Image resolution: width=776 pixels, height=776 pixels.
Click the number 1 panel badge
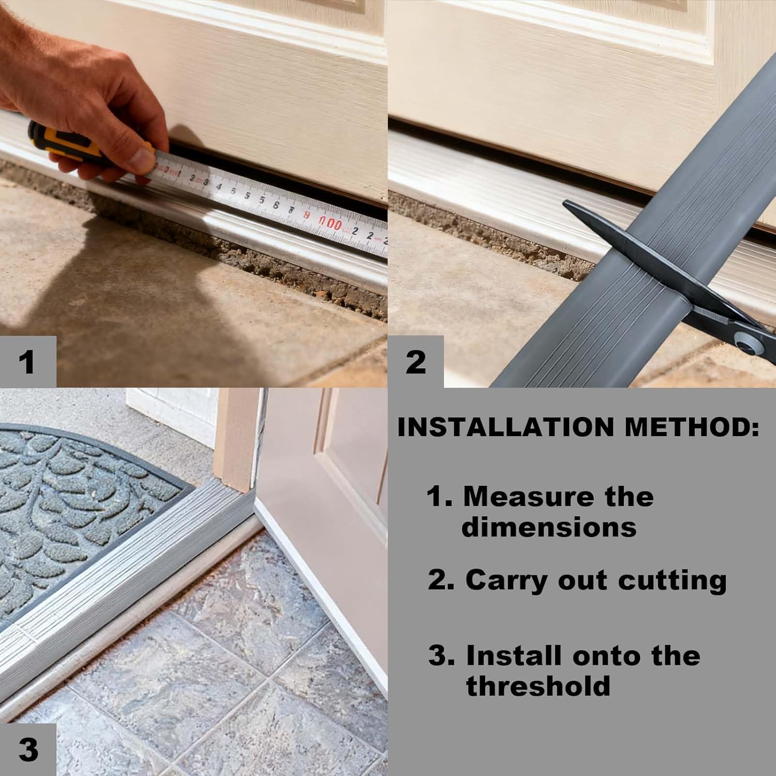[x=28, y=362]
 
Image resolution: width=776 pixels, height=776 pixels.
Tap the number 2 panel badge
[x=415, y=362]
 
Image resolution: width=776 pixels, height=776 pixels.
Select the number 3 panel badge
[x=28, y=750]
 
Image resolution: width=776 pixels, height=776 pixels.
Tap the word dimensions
[x=549, y=527]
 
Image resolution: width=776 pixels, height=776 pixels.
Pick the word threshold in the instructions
[x=538, y=686]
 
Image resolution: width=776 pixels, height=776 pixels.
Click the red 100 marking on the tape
[x=330, y=223]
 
